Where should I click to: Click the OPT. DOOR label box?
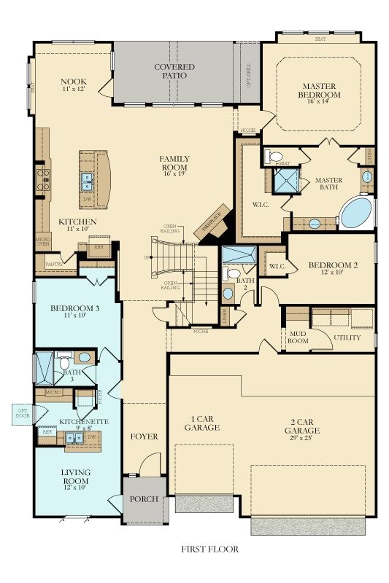[23, 415]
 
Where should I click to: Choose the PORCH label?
[145, 500]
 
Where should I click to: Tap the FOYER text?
[145, 437]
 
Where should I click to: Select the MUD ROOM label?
[296, 337]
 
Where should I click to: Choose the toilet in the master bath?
[275, 155]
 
